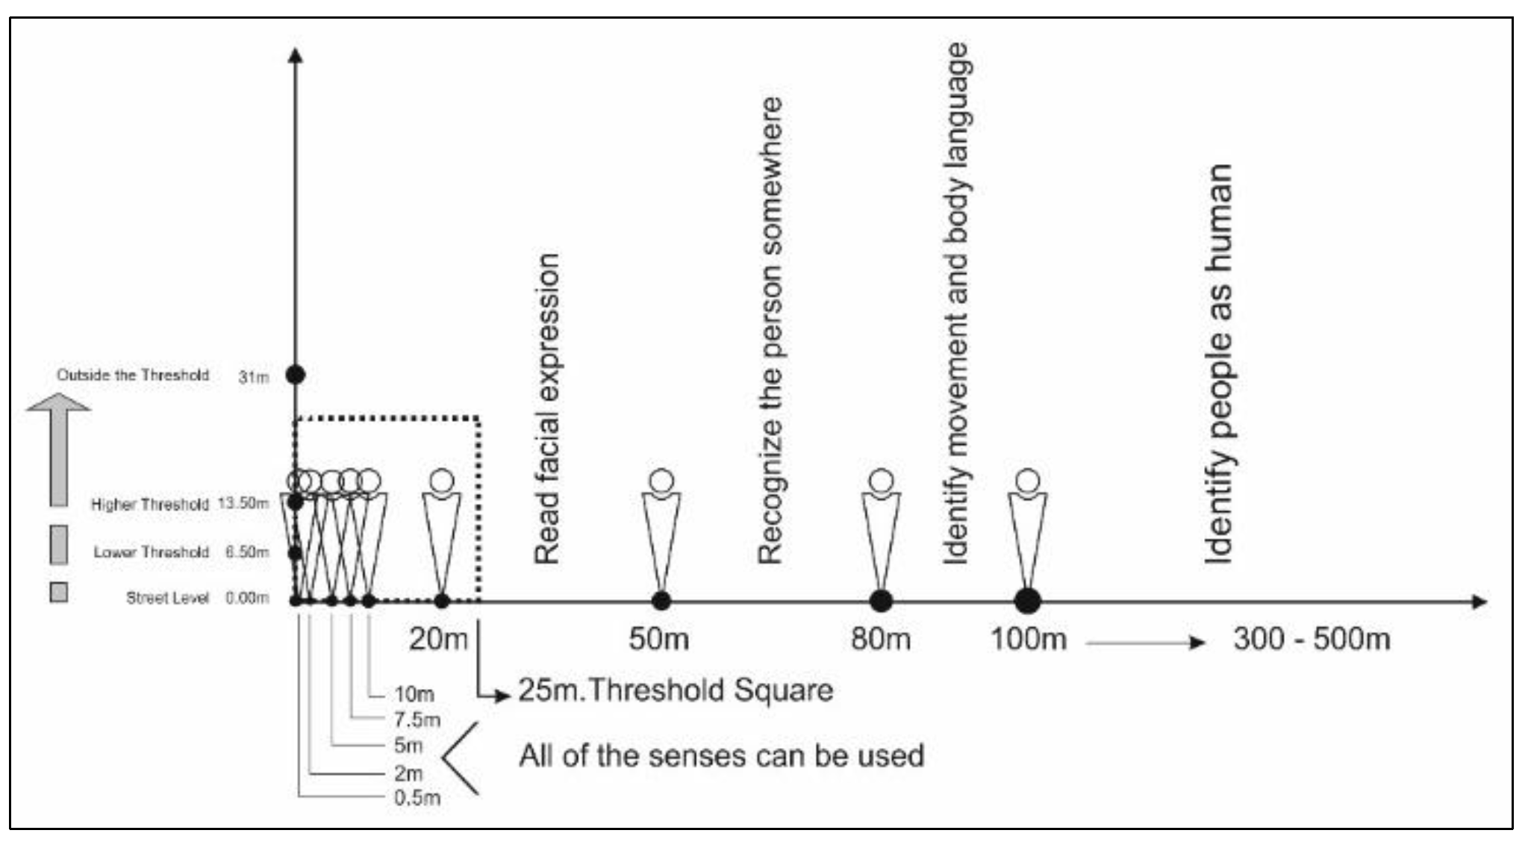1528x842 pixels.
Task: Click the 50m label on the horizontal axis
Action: coord(658,640)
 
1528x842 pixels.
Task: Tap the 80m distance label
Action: coord(881,640)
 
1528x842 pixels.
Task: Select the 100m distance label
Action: coord(1028,640)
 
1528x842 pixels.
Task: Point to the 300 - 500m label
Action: coord(1312,640)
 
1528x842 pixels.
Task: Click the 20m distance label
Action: coord(438,640)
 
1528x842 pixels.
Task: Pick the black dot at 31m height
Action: coord(296,375)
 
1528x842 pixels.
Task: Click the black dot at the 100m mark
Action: coord(1028,600)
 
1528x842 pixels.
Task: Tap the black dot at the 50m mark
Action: coord(661,600)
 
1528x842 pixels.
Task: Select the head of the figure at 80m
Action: coord(882,481)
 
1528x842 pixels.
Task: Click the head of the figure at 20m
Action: coord(442,481)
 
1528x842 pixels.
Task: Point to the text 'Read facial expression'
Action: coord(547,408)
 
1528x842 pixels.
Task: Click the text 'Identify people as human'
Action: coord(1218,364)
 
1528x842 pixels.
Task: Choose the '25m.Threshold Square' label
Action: coord(676,690)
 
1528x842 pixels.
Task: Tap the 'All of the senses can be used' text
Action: coord(721,755)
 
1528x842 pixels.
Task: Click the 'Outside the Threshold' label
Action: coord(133,375)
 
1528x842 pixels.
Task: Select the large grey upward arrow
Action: coord(58,449)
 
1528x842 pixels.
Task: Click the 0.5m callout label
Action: coord(417,798)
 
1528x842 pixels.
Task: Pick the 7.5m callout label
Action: coord(417,720)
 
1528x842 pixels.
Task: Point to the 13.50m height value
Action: coord(243,504)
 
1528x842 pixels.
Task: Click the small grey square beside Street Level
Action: coord(58,593)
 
